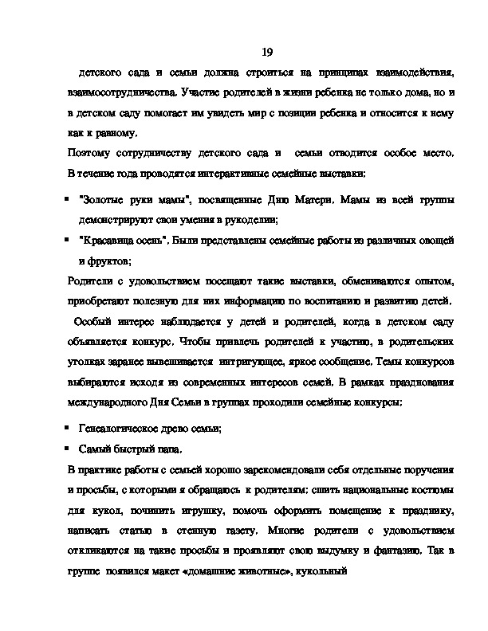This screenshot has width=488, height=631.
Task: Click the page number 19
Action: [x=268, y=53]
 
